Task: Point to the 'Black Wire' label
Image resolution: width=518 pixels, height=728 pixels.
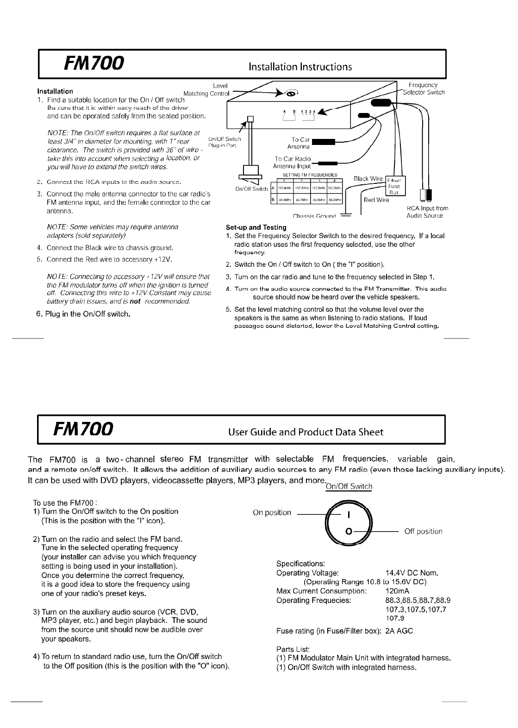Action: pos(368,179)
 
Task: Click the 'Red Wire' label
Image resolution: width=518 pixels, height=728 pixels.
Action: pos(376,200)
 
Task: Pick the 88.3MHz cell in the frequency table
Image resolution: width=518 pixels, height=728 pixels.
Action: pos(334,200)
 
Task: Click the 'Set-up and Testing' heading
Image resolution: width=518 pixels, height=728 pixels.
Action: pos(256,227)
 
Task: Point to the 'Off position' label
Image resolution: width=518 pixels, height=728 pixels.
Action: pos(423,532)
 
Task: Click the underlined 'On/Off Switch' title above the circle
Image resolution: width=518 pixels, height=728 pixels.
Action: pos(349,487)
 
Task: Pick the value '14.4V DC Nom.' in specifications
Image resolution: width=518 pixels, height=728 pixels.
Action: pos(412,573)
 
